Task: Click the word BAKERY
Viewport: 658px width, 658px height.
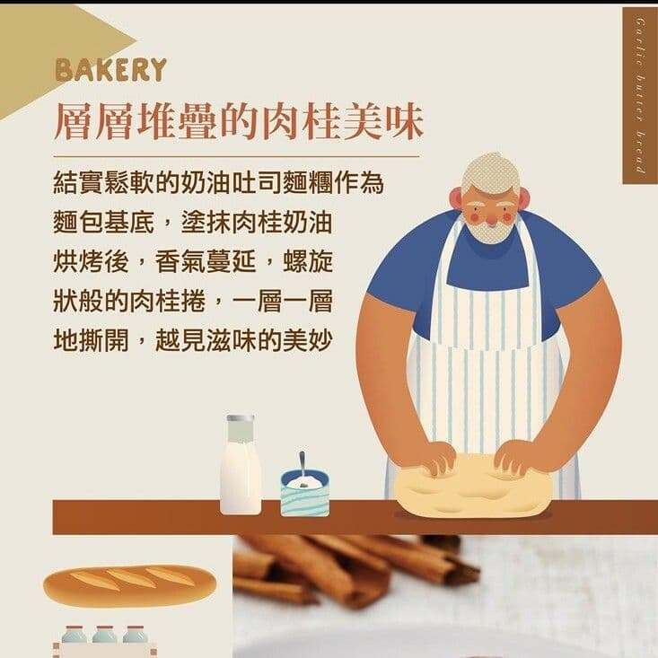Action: [110, 70]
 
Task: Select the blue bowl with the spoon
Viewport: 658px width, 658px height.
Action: [304, 493]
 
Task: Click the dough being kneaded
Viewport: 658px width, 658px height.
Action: [472, 489]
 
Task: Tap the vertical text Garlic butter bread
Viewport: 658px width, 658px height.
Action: [640, 94]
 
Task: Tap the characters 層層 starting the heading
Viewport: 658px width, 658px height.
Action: [90, 124]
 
